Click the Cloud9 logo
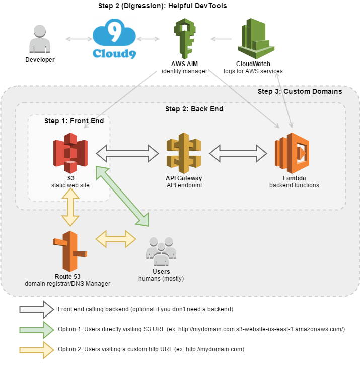pos(114,39)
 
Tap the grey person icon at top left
pos(39,39)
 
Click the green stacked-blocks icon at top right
pos(256,37)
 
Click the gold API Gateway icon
pos(183,153)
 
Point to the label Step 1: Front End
pos(74,121)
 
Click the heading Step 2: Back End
pos(194,109)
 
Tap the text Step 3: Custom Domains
pos(300,91)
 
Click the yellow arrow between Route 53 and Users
pos(116,238)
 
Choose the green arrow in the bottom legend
pos(36,330)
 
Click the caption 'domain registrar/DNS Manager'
pos(67,284)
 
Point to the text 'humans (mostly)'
pos(161,278)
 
